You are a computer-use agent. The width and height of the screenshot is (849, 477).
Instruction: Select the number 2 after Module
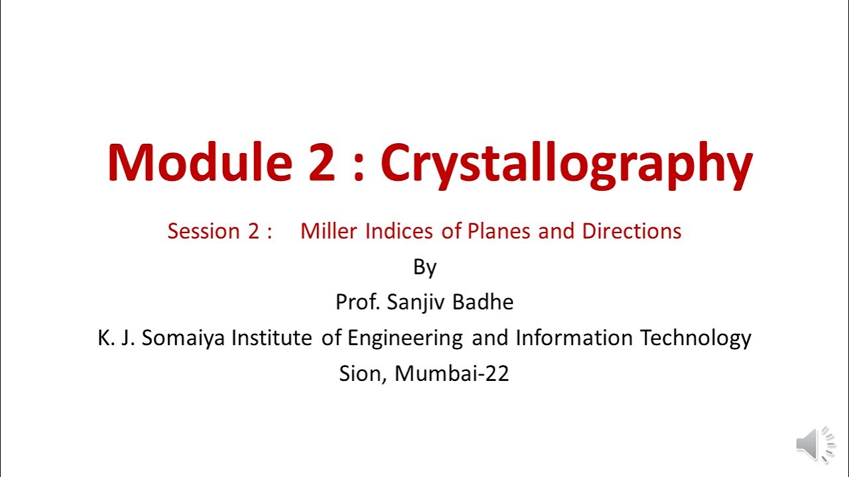pos(321,162)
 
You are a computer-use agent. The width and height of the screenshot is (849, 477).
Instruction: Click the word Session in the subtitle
pos(203,231)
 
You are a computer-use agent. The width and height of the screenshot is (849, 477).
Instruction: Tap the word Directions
pos(631,231)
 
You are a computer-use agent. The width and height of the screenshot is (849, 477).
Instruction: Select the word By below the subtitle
pos(424,267)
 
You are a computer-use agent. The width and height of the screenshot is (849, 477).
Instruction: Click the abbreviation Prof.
pos(358,302)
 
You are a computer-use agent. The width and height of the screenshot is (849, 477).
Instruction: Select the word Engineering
pos(405,339)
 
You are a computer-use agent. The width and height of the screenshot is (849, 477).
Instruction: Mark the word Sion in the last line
pos(362,374)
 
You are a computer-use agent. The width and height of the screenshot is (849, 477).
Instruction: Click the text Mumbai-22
pos(452,374)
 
